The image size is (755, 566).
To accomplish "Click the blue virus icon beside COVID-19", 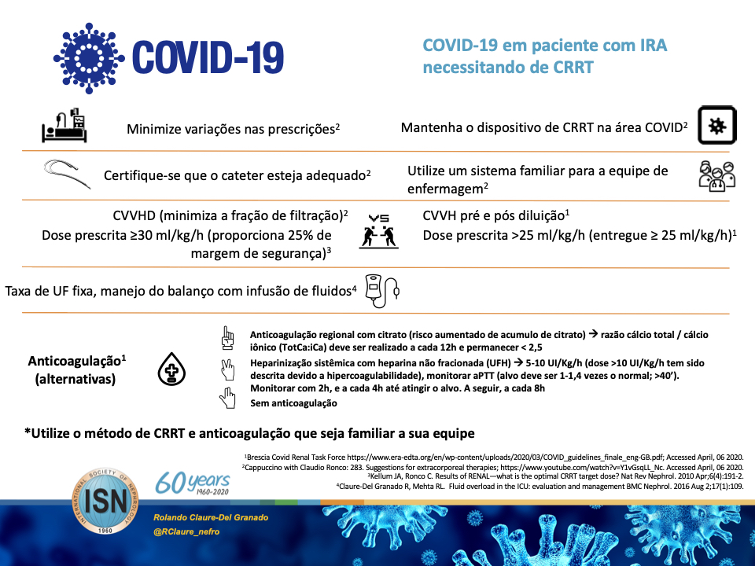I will [90, 53].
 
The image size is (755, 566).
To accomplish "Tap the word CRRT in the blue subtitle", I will [571, 68].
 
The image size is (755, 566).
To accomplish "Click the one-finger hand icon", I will [228, 339].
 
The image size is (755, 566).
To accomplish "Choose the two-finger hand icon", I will [228, 369].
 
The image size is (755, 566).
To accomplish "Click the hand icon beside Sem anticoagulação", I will [228, 399].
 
